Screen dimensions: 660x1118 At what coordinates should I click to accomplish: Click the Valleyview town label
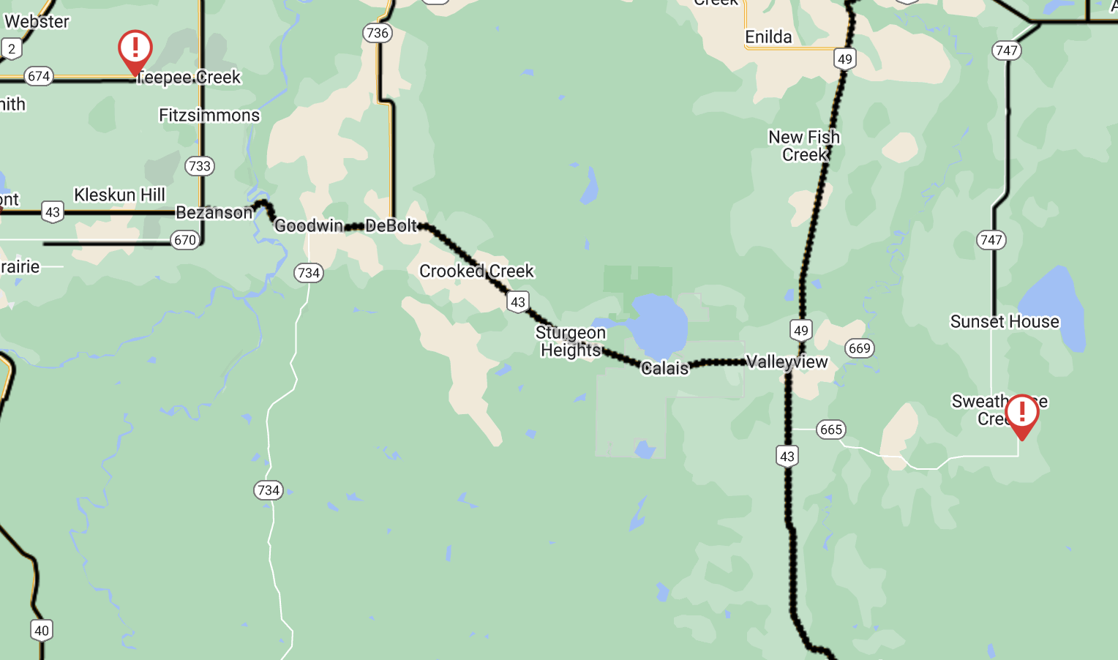(787, 361)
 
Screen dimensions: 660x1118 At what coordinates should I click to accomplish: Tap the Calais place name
(664, 368)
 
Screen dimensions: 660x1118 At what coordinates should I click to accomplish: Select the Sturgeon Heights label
(571, 341)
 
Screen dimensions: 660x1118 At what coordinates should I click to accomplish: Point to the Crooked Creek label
(476, 271)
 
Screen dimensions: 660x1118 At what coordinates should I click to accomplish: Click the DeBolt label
(391, 225)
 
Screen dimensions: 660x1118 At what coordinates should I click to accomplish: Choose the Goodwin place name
(309, 225)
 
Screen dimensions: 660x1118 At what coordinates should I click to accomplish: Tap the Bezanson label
(214, 212)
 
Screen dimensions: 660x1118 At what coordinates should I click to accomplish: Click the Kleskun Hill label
(120, 195)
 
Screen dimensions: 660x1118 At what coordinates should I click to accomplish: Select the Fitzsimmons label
(209, 115)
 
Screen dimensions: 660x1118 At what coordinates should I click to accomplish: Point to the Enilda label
(768, 37)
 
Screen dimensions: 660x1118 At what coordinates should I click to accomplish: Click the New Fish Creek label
(803, 146)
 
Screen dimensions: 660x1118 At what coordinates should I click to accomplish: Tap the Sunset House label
(1004, 321)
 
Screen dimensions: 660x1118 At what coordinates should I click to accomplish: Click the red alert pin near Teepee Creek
(135, 50)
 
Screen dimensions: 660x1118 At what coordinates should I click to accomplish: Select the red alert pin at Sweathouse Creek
(1021, 414)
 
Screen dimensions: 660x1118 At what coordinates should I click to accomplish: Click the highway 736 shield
(377, 33)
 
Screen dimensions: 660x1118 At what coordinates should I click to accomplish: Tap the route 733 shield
(199, 166)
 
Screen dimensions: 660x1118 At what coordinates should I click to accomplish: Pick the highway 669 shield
(859, 348)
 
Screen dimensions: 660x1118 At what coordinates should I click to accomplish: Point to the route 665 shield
(831, 430)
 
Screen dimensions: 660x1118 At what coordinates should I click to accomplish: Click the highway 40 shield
(42, 631)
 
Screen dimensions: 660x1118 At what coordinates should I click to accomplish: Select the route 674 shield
(39, 76)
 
